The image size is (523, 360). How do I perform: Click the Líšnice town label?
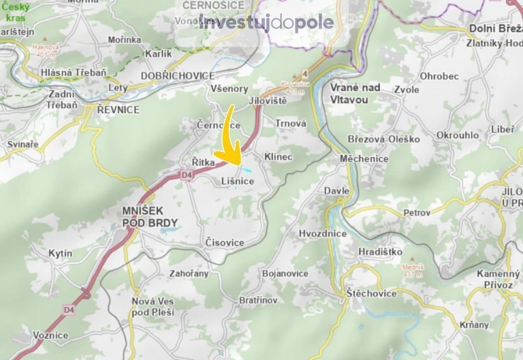[238, 181]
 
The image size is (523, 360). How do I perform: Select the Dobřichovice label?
[178, 76]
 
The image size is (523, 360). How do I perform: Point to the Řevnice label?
[118, 109]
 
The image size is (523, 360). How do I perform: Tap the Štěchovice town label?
[372, 293]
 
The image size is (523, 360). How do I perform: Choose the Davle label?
[337, 191]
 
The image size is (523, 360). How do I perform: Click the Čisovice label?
[225, 243]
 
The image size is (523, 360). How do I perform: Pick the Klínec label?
[278, 157]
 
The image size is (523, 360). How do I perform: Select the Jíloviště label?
[267, 101]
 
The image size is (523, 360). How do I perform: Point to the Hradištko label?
[380, 252]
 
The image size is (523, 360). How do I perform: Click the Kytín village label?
[60, 253]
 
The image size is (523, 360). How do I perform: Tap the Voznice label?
[50, 335]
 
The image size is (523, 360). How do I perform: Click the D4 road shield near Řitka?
[187, 175]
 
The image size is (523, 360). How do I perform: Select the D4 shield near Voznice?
[69, 310]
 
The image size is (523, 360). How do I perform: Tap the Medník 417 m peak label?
[410, 269]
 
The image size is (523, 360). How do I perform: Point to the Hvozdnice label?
[323, 233]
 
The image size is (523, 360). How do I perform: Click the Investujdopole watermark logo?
[266, 22]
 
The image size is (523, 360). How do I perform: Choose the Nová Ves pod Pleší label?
[153, 306]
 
